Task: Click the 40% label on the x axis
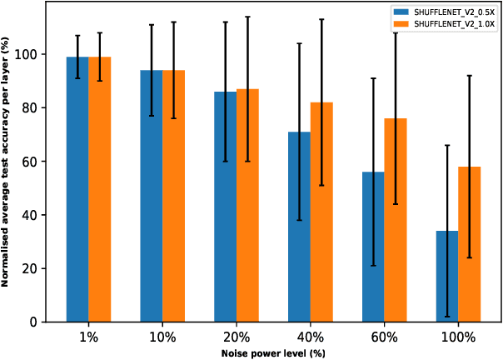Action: coord(310,337)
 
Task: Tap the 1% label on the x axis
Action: coord(89,337)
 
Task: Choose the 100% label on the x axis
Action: coord(458,337)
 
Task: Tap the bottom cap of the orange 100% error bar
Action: coord(470,257)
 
